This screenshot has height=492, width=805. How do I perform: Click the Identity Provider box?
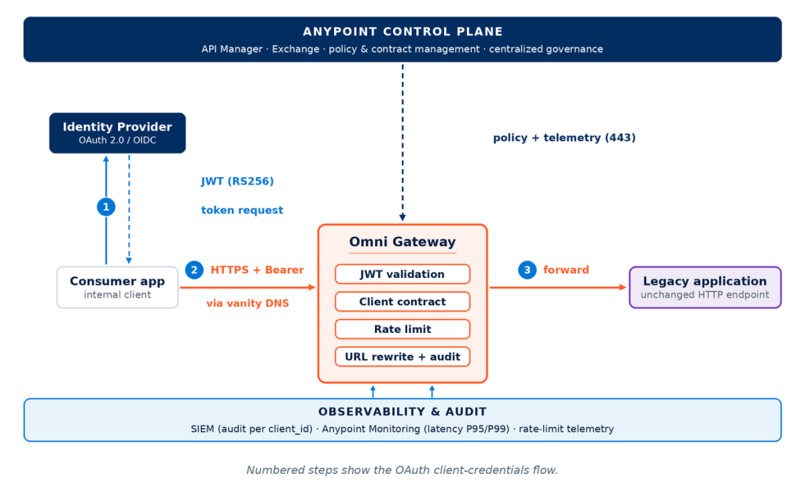pos(117,132)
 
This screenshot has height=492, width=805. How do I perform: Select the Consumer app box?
pos(117,287)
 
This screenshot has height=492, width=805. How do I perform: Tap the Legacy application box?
pos(705,287)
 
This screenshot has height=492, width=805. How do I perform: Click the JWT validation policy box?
pos(402,274)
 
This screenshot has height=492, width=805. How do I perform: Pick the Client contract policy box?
pos(402,301)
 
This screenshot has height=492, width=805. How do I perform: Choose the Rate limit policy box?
pos(402,329)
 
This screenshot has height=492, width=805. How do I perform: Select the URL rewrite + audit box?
pos(402,357)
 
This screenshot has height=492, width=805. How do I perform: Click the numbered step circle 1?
pos(106,207)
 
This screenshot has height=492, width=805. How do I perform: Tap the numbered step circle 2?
pos(194,270)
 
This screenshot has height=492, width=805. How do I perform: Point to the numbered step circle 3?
pos(527,270)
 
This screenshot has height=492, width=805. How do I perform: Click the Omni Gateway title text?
pos(402,242)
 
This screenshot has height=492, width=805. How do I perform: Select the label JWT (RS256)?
pos(237,181)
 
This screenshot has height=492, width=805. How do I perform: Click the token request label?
pos(242,209)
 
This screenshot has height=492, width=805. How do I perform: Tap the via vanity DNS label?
pos(248,303)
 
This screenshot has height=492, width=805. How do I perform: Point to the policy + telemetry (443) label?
pos(564,137)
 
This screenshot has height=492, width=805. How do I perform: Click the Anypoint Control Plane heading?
pos(402,31)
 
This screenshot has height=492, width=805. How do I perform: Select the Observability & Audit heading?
pos(402,412)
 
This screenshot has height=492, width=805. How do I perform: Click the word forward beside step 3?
pos(566,270)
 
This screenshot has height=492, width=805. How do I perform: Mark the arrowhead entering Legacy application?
pos(623,287)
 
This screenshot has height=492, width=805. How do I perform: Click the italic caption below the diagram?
pos(402,470)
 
